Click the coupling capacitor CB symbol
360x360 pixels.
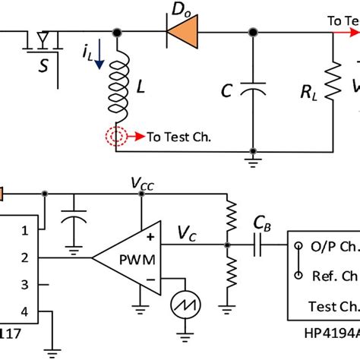coord(261,245)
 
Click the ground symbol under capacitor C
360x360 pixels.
coord(251,162)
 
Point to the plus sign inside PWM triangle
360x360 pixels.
coord(148,236)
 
